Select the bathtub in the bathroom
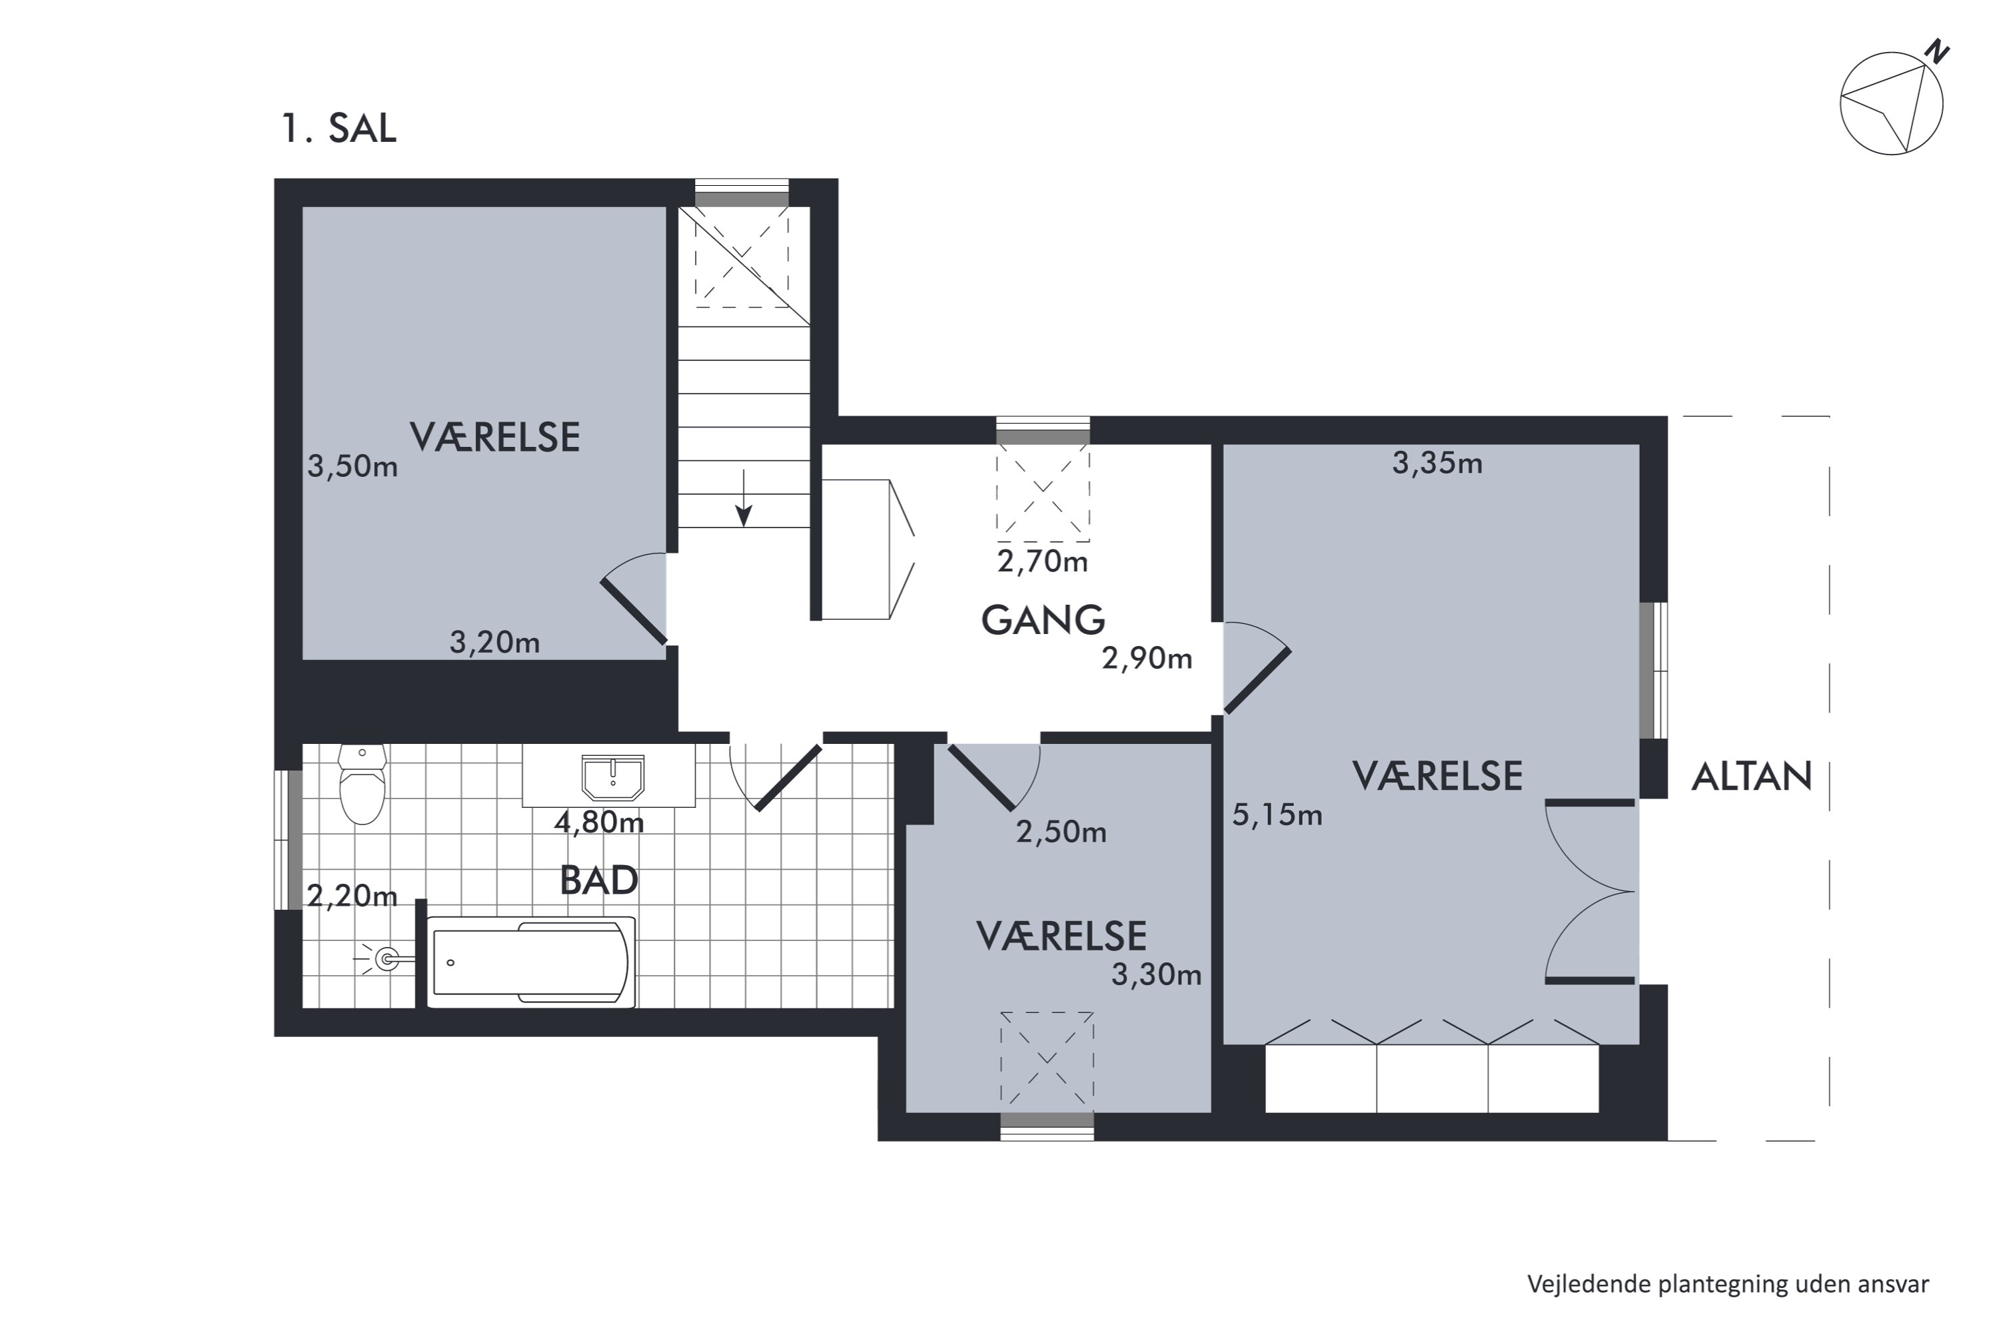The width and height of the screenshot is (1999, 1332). (x=531, y=962)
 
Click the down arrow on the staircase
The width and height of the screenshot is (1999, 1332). (x=744, y=498)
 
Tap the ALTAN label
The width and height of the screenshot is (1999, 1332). (x=1752, y=777)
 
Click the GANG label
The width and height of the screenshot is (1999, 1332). (x=1043, y=620)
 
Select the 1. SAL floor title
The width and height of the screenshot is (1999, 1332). (x=339, y=129)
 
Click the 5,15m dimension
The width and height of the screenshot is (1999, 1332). (x=1277, y=815)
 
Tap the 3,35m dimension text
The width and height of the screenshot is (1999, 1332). (x=1437, y=463)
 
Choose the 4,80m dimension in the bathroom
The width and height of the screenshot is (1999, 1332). (x=599, y=823)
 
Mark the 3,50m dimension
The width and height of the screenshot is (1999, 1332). (x=352, y=466)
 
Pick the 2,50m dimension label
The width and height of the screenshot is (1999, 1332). (x=1061, y=832)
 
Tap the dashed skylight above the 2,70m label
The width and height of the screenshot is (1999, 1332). (x=1043, y=493)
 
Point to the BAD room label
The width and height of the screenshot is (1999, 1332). (x=599, y=881)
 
